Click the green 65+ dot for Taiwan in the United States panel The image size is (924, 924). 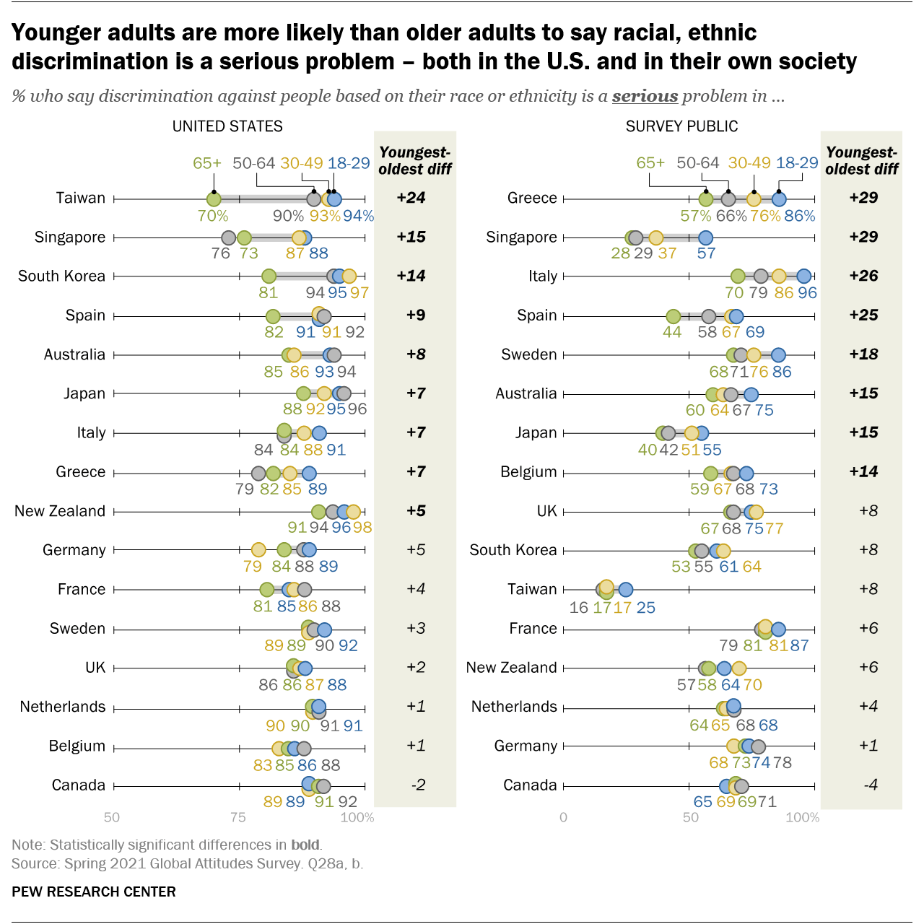tap(214, 199)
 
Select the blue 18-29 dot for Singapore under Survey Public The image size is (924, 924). tap(705, 238)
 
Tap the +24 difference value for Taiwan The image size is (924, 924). tap(411, 198)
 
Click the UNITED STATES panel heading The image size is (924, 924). tap(227, 126)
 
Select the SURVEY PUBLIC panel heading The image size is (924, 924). tap(681, 126)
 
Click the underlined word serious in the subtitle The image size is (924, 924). tap(645, 96)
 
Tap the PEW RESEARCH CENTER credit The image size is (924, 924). tap(94, 892)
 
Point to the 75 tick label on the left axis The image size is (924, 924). tap(237, 817)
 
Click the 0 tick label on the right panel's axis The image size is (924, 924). tap(563, 817)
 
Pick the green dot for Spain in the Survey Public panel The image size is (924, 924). tap(673, 316)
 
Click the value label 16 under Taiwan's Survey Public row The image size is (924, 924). tap(578, 607)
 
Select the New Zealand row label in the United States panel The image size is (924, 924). tap(60, 511)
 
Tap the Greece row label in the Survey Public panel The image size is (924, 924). tap(532, 198)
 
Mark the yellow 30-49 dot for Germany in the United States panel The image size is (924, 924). tap(258, 550)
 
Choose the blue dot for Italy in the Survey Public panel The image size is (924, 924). tap(803, 276)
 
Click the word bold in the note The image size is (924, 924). tap(305, 845)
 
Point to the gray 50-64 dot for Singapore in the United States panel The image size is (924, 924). tap(229, 238)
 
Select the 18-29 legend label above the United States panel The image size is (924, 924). tap(349, 163)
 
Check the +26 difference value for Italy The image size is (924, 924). tap(863, 276)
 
